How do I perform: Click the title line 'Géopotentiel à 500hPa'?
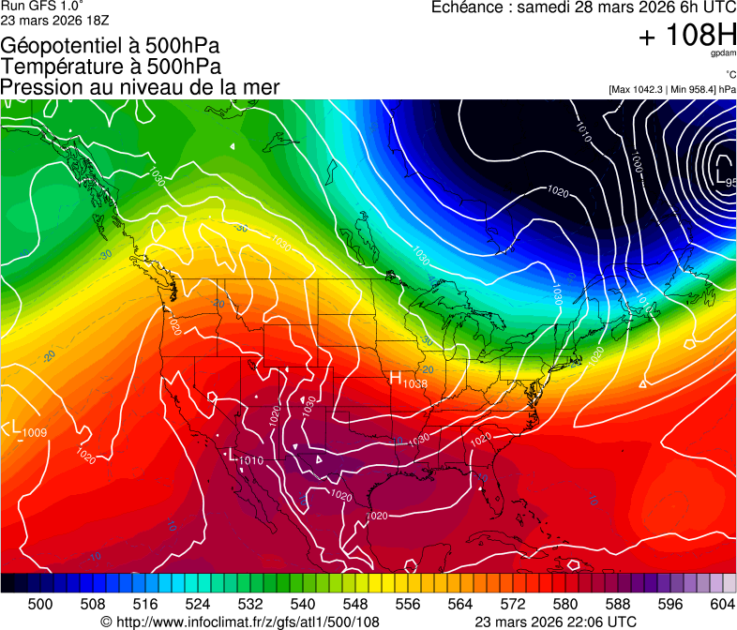104,45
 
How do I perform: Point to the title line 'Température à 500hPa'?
111,66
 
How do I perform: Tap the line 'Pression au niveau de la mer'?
140,87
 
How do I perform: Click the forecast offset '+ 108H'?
686,36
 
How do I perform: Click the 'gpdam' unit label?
722,54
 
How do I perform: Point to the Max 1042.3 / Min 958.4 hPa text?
671,89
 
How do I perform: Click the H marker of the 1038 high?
396,378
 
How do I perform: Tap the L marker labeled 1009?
16,427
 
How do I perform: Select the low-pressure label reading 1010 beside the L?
251,460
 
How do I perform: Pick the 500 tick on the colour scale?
40,603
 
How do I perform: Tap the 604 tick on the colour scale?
723,603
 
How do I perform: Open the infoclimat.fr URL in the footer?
247,622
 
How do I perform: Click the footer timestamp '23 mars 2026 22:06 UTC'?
556,622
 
